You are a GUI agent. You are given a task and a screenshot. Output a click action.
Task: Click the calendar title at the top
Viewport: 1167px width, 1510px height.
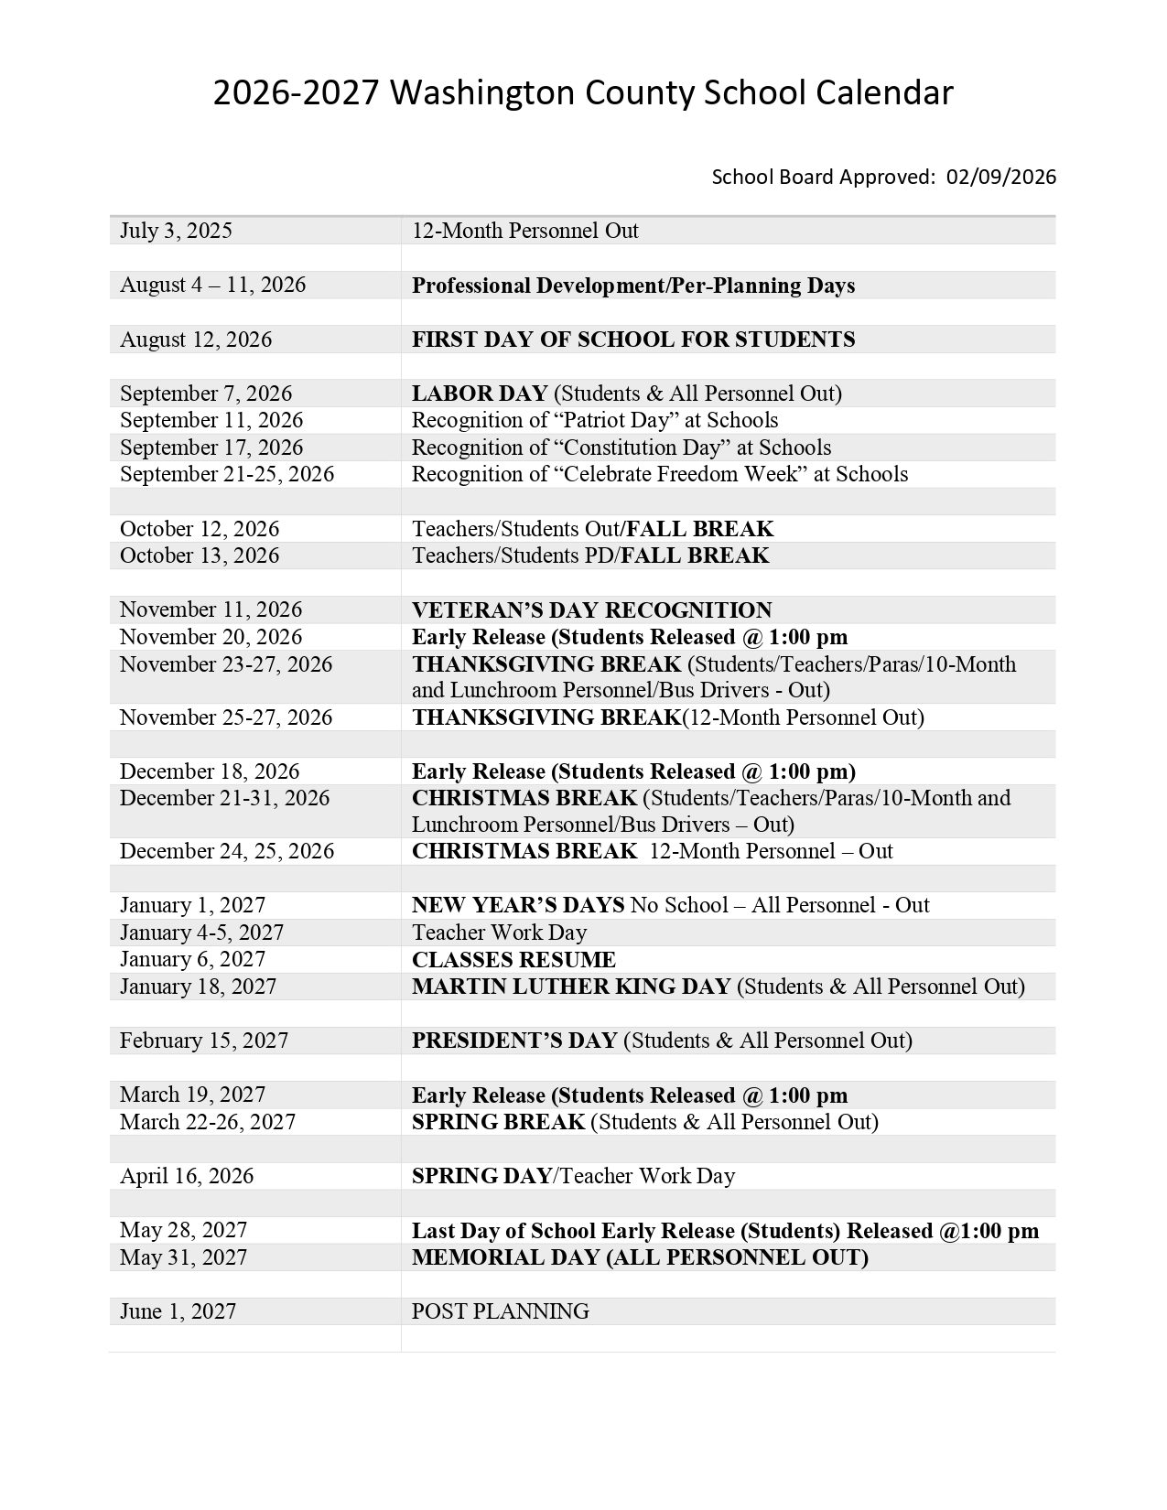[x=583, y=93]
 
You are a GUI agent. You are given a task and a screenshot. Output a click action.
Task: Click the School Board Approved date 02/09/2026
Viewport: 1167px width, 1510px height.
[x=1001, y=177]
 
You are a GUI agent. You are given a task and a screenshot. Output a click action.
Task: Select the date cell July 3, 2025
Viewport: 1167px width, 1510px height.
[x=176, y=231]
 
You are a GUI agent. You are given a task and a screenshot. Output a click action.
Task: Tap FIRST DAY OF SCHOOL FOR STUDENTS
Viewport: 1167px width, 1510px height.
[x=633, y=340]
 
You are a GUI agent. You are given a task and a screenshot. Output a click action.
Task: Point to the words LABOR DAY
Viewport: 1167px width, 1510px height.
[x=480, y=394]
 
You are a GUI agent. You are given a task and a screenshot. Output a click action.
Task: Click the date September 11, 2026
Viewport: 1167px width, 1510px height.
[x=211, y=420]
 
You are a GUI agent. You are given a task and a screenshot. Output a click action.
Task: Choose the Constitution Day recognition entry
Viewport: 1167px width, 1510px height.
[x=621, y=448]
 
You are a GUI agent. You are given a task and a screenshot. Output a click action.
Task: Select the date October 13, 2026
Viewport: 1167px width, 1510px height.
[x=200, y=555]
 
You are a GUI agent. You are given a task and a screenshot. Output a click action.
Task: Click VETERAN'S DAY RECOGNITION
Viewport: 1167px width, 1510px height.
[x=592, y=610]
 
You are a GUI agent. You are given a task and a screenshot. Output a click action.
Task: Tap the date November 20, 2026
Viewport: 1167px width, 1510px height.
[x=211, y=637]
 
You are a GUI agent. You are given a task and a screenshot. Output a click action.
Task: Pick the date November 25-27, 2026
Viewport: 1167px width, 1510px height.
[x=226, y=717]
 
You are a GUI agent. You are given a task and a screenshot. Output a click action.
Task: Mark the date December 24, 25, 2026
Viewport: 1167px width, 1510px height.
[x=227, y=851]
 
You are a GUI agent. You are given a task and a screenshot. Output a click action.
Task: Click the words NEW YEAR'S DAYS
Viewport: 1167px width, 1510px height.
[x=518, y=905]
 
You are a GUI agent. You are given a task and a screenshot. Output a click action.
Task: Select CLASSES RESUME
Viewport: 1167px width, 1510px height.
[x=513, y=960]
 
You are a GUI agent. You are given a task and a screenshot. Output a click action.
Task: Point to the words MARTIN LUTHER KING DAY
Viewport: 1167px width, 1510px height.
[x=571, y=987]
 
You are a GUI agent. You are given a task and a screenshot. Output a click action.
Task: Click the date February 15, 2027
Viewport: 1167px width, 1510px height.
[x=204, y=1041]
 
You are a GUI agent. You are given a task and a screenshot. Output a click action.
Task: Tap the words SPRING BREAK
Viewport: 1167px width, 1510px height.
[x=498, y=1122]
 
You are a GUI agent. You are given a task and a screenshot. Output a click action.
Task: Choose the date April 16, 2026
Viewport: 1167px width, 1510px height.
[x=187, y=1176]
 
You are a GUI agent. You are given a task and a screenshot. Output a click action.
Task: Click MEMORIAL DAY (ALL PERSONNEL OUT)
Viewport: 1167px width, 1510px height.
[x=640, y=1257]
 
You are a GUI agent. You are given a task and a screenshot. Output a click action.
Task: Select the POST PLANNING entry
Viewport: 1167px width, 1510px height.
[x=501, y=1311]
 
